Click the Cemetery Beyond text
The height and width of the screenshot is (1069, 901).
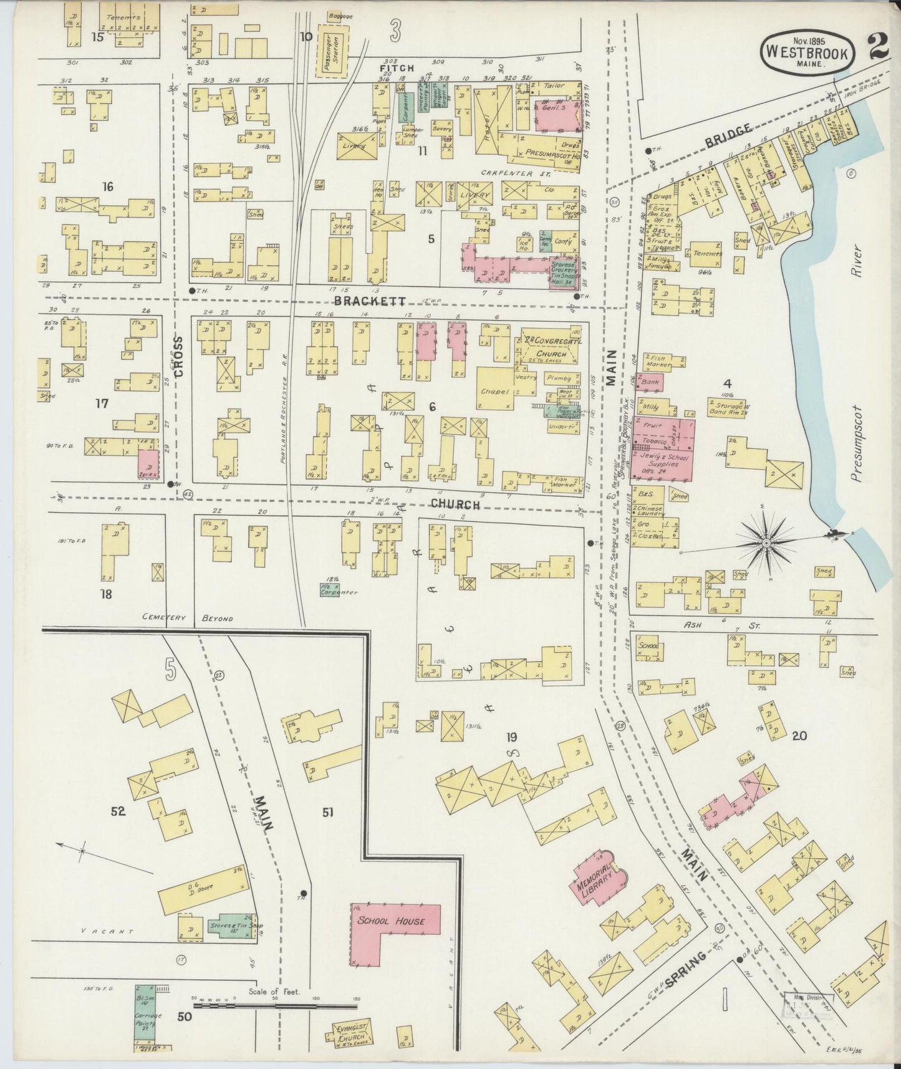[x=187, y=619]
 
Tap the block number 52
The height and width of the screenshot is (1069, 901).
[x=118, y=811]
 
